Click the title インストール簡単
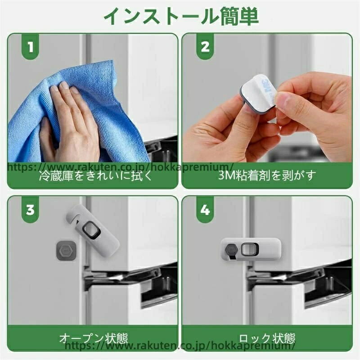181,17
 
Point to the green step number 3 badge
30,209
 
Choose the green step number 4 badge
205,209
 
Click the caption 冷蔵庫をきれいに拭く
96,176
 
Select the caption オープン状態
94,338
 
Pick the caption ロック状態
267,338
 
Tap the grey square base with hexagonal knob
66,252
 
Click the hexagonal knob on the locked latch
230,250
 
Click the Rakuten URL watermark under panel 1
120,167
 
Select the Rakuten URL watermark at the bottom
179,346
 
